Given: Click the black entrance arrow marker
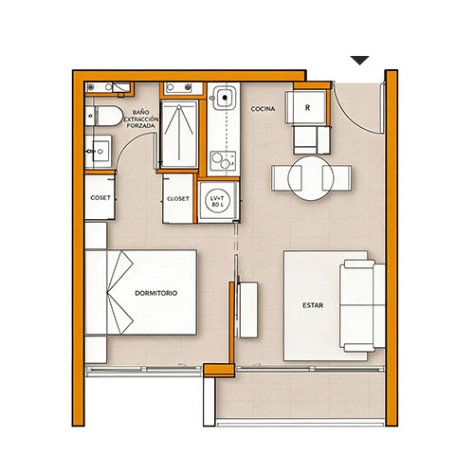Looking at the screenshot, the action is coord(359,60).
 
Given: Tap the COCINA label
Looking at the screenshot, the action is coord(263,109).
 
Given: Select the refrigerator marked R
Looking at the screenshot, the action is coord(307,107).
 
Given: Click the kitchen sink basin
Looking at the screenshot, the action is coord(225,98).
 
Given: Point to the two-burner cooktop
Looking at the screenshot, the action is coord(223,160).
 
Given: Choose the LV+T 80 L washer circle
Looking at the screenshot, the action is coord(218,201).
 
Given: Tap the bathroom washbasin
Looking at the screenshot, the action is coord(99,152).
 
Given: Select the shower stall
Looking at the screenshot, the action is coord(179,134).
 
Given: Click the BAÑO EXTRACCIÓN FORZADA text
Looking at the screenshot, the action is coord(141,118).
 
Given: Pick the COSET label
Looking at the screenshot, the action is coord(100,198).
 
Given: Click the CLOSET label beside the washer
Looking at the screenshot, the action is coord(178,199).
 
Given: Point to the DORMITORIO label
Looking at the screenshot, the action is coord(156,293).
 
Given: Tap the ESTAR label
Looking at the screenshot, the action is coord(313,305).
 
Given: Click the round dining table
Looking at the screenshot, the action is coord(311,178).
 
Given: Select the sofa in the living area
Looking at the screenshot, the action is coord(362,305).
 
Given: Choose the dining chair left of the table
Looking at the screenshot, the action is coord(286,178).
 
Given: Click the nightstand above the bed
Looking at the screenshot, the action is coord(96,235).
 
